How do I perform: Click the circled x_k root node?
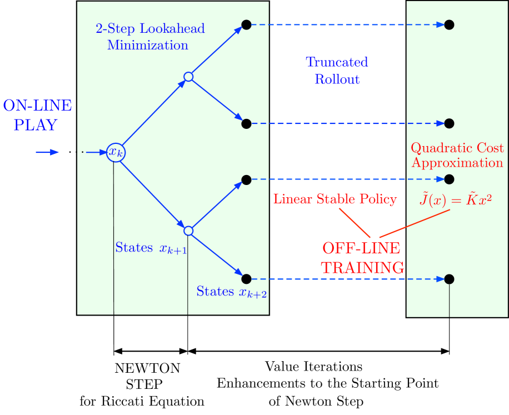pos(116,152)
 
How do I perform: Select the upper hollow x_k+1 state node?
pos(188,77)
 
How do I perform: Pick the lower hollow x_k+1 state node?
pos(188,231)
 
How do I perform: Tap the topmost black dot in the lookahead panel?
pos(247,24)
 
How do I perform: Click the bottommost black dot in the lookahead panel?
pos(247,279)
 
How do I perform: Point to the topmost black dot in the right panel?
pos(450,24)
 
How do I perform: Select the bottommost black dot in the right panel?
pos(450,279)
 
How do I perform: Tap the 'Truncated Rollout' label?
pos(337,70)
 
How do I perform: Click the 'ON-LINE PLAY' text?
pos(37,115)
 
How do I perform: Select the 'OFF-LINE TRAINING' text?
pos(362,258)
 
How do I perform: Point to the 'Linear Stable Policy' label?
pos(335,199)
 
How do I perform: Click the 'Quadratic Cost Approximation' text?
pos(457,155)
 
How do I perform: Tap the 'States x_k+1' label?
pos(151,248)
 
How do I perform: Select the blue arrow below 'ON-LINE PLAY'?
pos(48,152)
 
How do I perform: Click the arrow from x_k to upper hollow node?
pos(153,114)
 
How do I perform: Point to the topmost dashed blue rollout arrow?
pos(347,24)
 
